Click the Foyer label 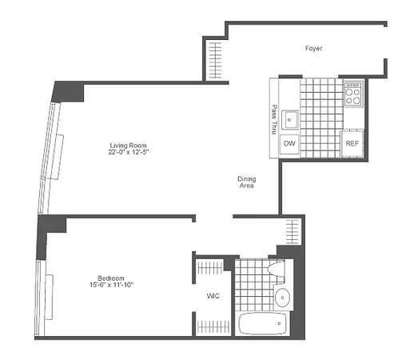313,49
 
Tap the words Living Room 129,146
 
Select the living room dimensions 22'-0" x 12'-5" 129,152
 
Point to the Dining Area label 245,182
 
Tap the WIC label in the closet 213,296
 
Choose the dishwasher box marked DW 289,143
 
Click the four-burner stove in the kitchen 353,94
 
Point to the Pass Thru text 274,118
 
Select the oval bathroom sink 283,298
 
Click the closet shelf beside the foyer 215,60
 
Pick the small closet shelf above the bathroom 293,230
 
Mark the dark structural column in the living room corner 69,90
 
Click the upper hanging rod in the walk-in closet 213,263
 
